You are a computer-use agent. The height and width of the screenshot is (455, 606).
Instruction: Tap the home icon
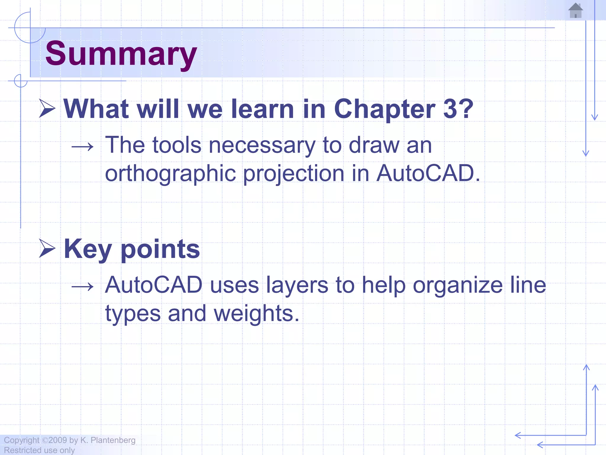pyautogui.click(x=576, y=11)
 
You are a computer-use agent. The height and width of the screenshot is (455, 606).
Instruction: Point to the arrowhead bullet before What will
pyautogui.click(x=47, y=109)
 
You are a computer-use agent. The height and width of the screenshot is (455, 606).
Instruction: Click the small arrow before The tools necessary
pyautogui.click(x=83, y=146)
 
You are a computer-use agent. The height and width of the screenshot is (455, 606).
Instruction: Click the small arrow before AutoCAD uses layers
pyautogui.click(x=83, y=286)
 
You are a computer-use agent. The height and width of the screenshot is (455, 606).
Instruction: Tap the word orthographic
pyautogui.click(x=170, y=174)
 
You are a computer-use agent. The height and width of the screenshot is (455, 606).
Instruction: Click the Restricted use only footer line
pyautogui.click(x=39, y=450)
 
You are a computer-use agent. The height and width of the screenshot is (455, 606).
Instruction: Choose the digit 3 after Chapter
pyautogui.click(x=450, y=109)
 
